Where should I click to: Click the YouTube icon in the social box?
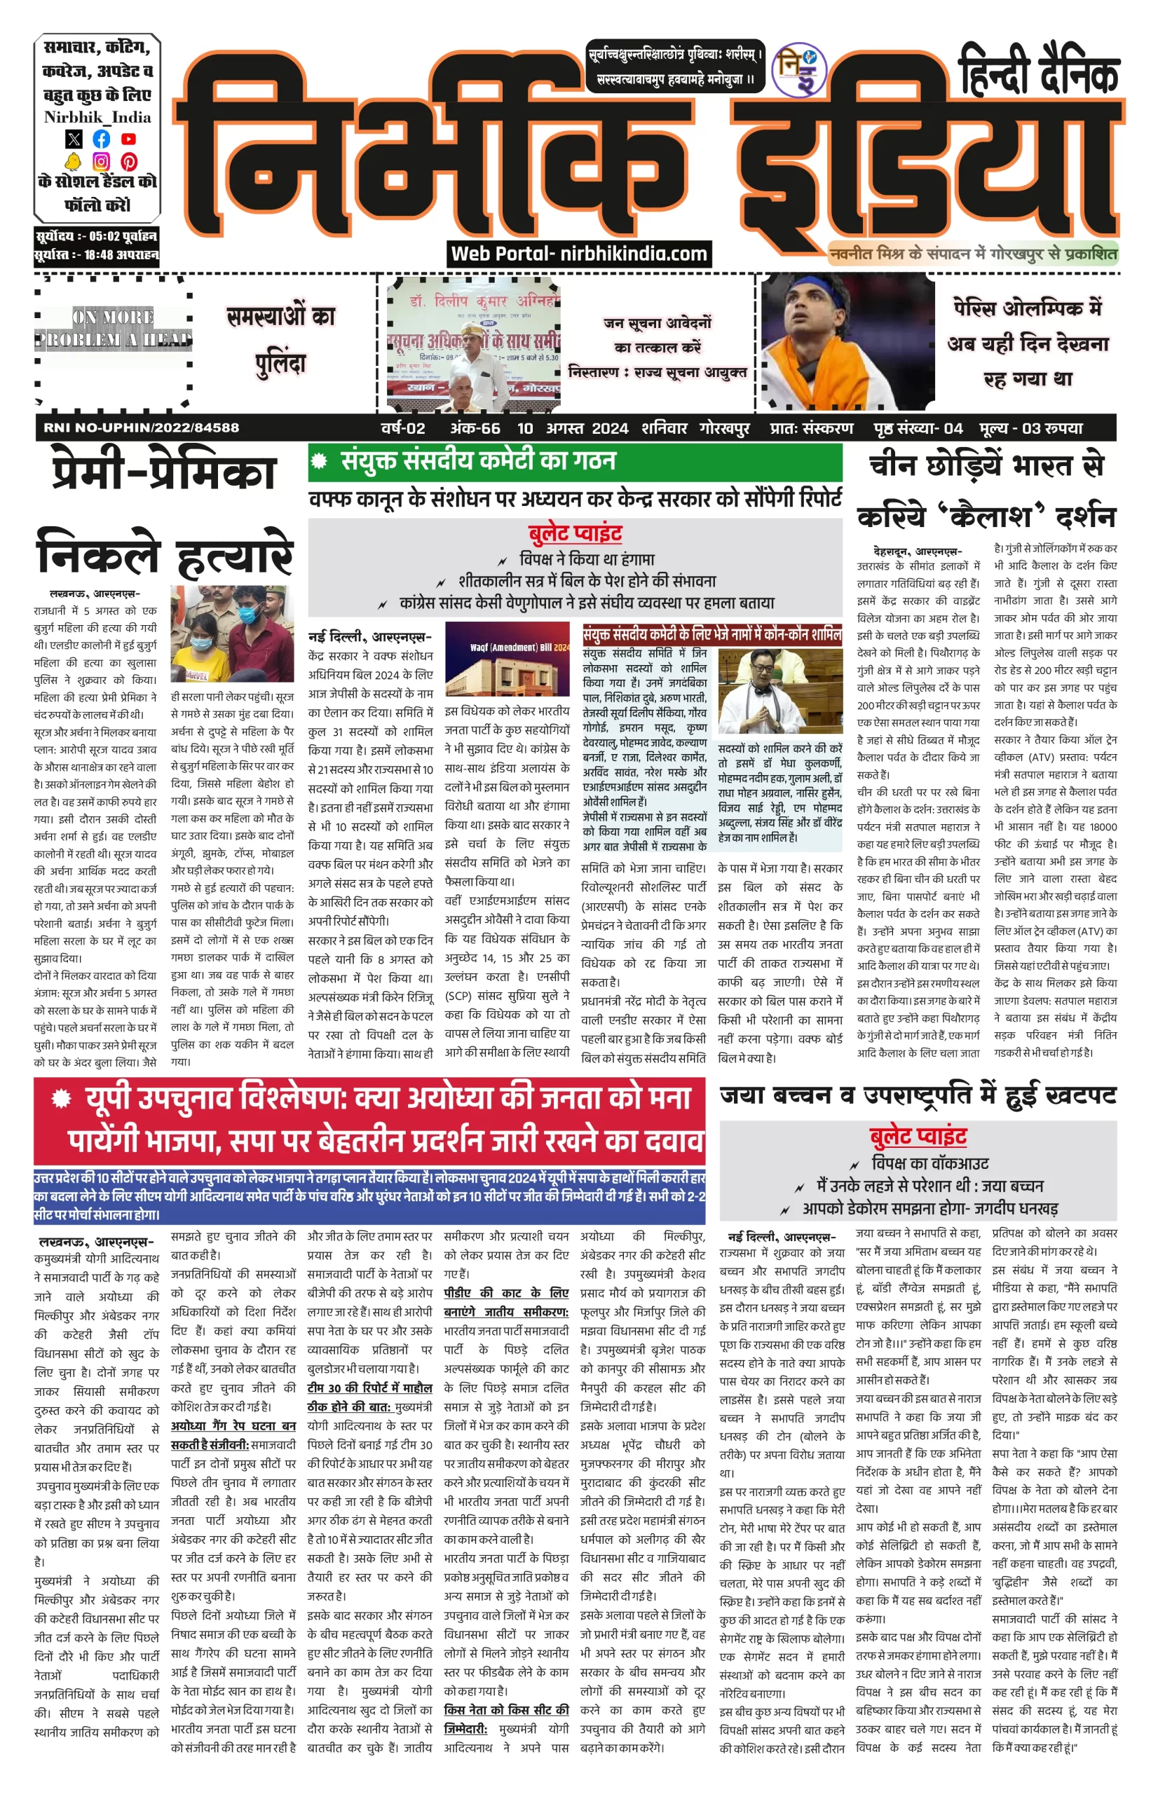(x=128, y=139)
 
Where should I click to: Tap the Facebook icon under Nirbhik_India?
(x=101, y=139)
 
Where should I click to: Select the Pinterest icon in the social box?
(x=128, y=161)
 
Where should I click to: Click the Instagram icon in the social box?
(x=101, y=161)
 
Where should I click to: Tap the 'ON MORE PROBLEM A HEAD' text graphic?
(x=113, y=328)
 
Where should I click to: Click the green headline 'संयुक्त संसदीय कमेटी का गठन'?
(x=478, y=460)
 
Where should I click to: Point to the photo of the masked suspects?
(x=232, y=634)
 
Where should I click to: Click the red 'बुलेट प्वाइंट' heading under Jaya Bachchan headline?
(x=918, y=1138)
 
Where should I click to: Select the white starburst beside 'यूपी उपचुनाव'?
(x=61, y=1098)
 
